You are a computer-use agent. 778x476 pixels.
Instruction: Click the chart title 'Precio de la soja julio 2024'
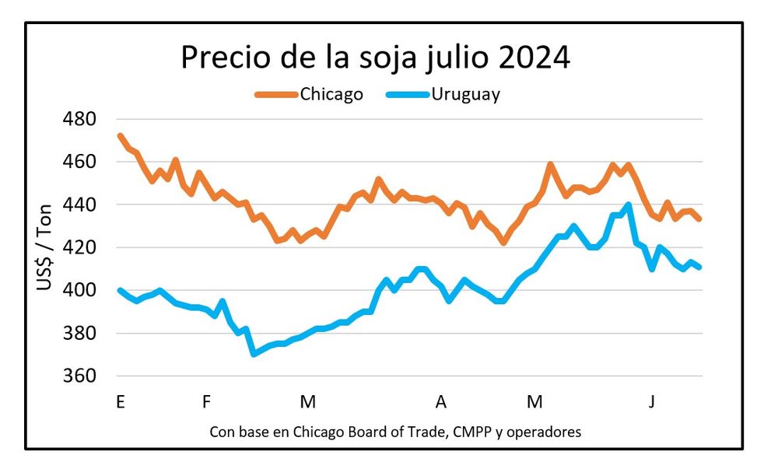click(375, 58)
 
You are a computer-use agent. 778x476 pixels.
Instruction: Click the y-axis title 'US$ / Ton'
click(45, 248)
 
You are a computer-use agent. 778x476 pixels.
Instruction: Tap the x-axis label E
click(120, 402)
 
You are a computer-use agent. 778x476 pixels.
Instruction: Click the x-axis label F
click(206, 402)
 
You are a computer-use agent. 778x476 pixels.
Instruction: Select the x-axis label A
click(441, 402)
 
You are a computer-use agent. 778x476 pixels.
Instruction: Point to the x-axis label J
click(652, 402)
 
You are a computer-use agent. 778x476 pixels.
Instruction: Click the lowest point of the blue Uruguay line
click(254, 354)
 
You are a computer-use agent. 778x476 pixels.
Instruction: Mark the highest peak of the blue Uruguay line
click(628, 205)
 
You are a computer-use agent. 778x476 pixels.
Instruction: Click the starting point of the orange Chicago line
click(120, 135)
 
